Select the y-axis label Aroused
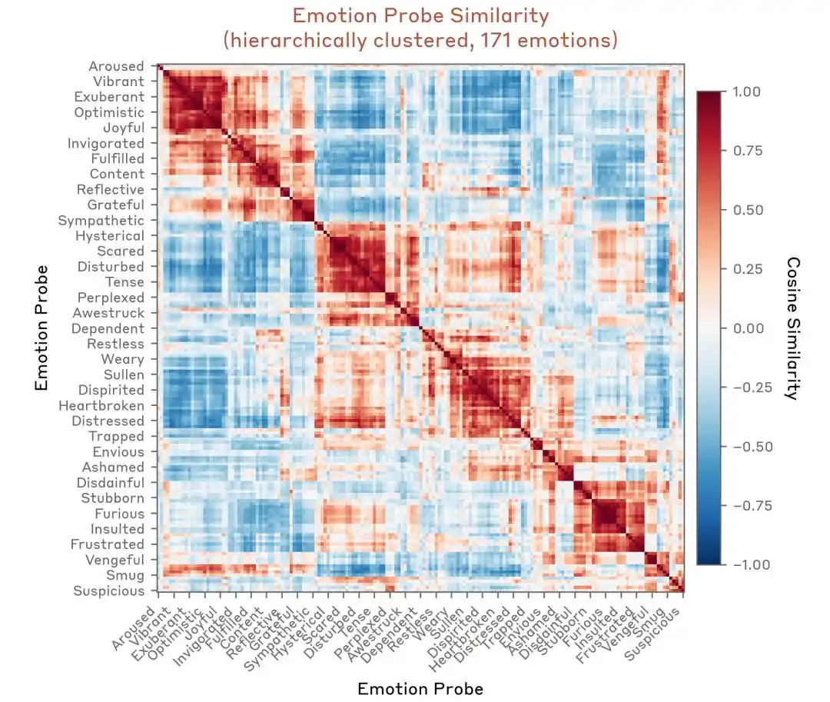tap(116, 66)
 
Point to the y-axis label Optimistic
tap(109, 112)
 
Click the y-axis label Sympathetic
tap(101, 220)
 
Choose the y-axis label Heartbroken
tap(101, 405)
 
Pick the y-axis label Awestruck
tap(108, 313)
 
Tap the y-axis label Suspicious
tap(108, 591)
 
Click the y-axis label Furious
tap(119, 514)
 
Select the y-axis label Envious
tap(118, 451)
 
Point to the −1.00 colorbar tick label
tap(752, 564)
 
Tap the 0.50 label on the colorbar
tap(746, 210)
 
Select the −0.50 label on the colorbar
tap(752, 446)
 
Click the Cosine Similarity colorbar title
tap(793, 328)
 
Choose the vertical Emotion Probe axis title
tap(41, 328)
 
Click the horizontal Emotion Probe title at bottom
tap(421, 689)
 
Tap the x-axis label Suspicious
tap(652, 634)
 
